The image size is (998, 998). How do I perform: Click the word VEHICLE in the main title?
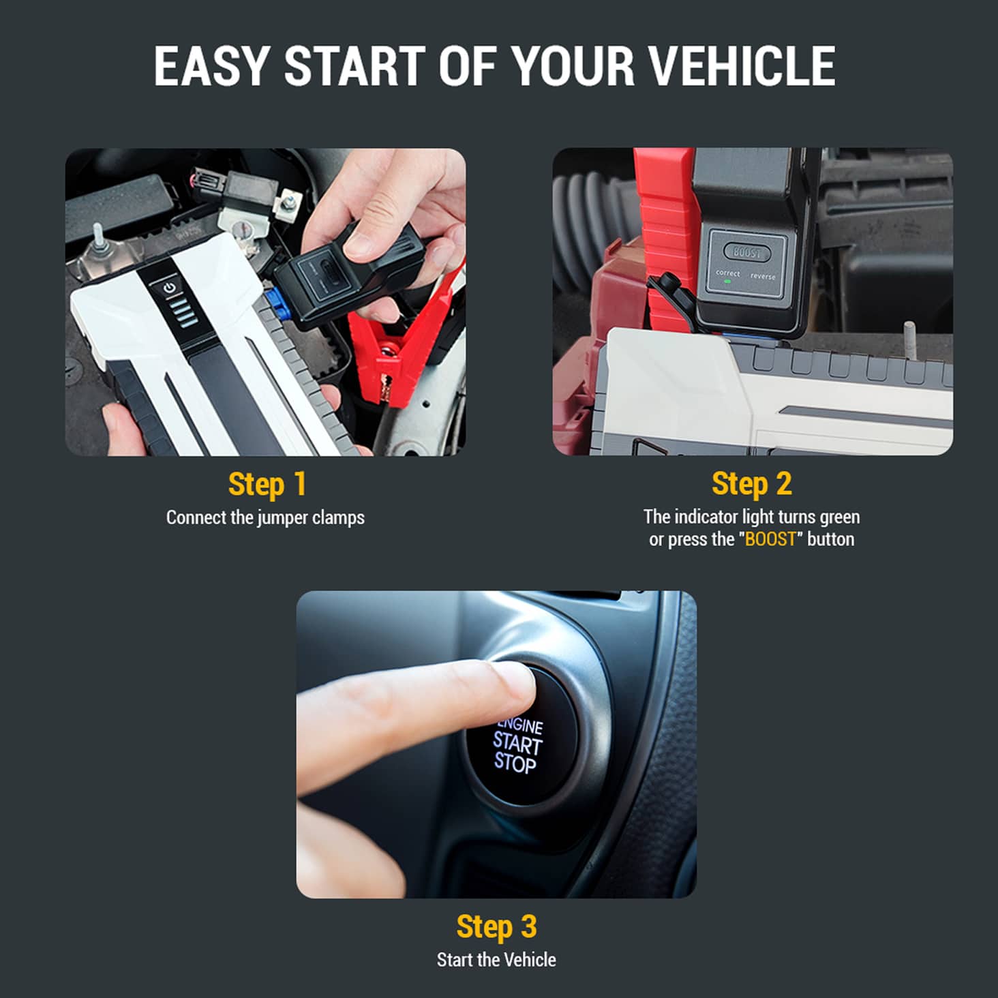(x=742, y=66)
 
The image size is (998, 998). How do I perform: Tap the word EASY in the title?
(x=210, y=66)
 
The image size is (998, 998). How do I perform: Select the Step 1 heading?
(x=267, y=485)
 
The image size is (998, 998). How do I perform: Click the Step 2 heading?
(x=752, y=484)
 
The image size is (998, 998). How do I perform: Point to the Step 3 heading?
(x=497, y=926)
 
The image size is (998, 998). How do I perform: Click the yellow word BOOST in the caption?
(x=770, y=539)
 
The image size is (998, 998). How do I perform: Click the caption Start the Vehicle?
(x=497, y=960)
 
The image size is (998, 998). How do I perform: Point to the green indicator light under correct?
(x=727, y=282)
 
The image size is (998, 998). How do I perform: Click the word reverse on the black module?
(x=763, y=276)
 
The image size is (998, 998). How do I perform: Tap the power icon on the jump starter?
(x=169, y=288)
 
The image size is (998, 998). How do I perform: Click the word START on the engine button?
(x=517, y=744)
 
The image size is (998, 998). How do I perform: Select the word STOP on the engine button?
(x=515, y=763)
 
